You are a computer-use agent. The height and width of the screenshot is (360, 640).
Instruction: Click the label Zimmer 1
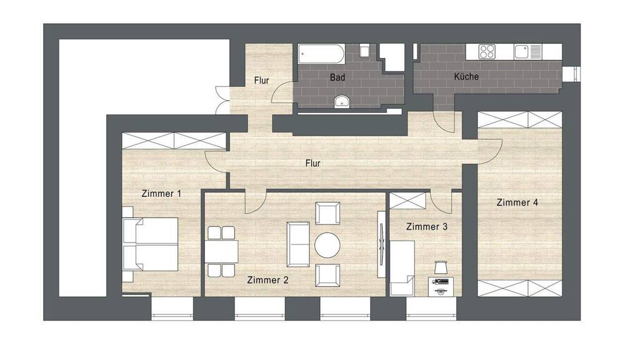coord(161,194)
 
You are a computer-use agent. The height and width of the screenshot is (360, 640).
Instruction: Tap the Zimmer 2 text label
coord(267,280)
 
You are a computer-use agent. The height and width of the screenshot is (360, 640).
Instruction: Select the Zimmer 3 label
coord(427,226)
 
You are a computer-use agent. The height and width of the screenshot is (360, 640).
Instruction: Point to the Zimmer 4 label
coord(517,202)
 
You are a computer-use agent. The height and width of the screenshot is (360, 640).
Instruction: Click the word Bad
coord(337,77)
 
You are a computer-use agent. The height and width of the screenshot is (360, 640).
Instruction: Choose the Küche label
coord(466,76)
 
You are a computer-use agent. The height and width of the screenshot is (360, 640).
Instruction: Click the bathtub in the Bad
coord(322,54)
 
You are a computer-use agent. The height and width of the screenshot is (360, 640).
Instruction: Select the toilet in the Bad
coord(364,51)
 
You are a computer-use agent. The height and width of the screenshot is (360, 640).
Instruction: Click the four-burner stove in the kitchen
coord(487,51)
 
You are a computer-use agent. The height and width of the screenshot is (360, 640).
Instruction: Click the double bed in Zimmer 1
coord(150,244)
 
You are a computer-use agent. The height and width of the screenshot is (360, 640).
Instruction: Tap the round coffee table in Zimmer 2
coord(327,245)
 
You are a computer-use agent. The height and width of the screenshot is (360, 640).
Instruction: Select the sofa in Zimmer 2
coord(298,244)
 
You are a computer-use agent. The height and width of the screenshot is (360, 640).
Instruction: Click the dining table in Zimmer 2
coord(221,251)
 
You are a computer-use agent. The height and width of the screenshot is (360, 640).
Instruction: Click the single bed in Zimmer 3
coord(402,267)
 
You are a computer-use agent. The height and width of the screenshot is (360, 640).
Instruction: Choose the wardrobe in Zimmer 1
coord(174,141)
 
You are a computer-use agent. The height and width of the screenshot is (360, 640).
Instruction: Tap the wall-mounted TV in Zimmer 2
coord(382,245)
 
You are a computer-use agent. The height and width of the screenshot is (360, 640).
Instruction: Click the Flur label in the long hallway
coord(312,163)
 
